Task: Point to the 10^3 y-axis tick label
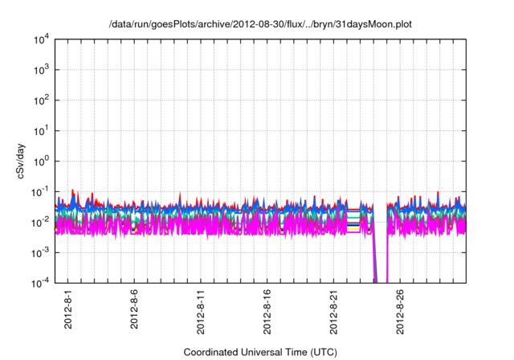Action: tap(40, 70)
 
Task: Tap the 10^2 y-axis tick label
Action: tap(40, 100)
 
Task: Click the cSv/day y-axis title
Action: tap(25, 161)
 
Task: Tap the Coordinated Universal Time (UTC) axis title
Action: tap(260, 352)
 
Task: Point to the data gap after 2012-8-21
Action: tap(381, 241)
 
